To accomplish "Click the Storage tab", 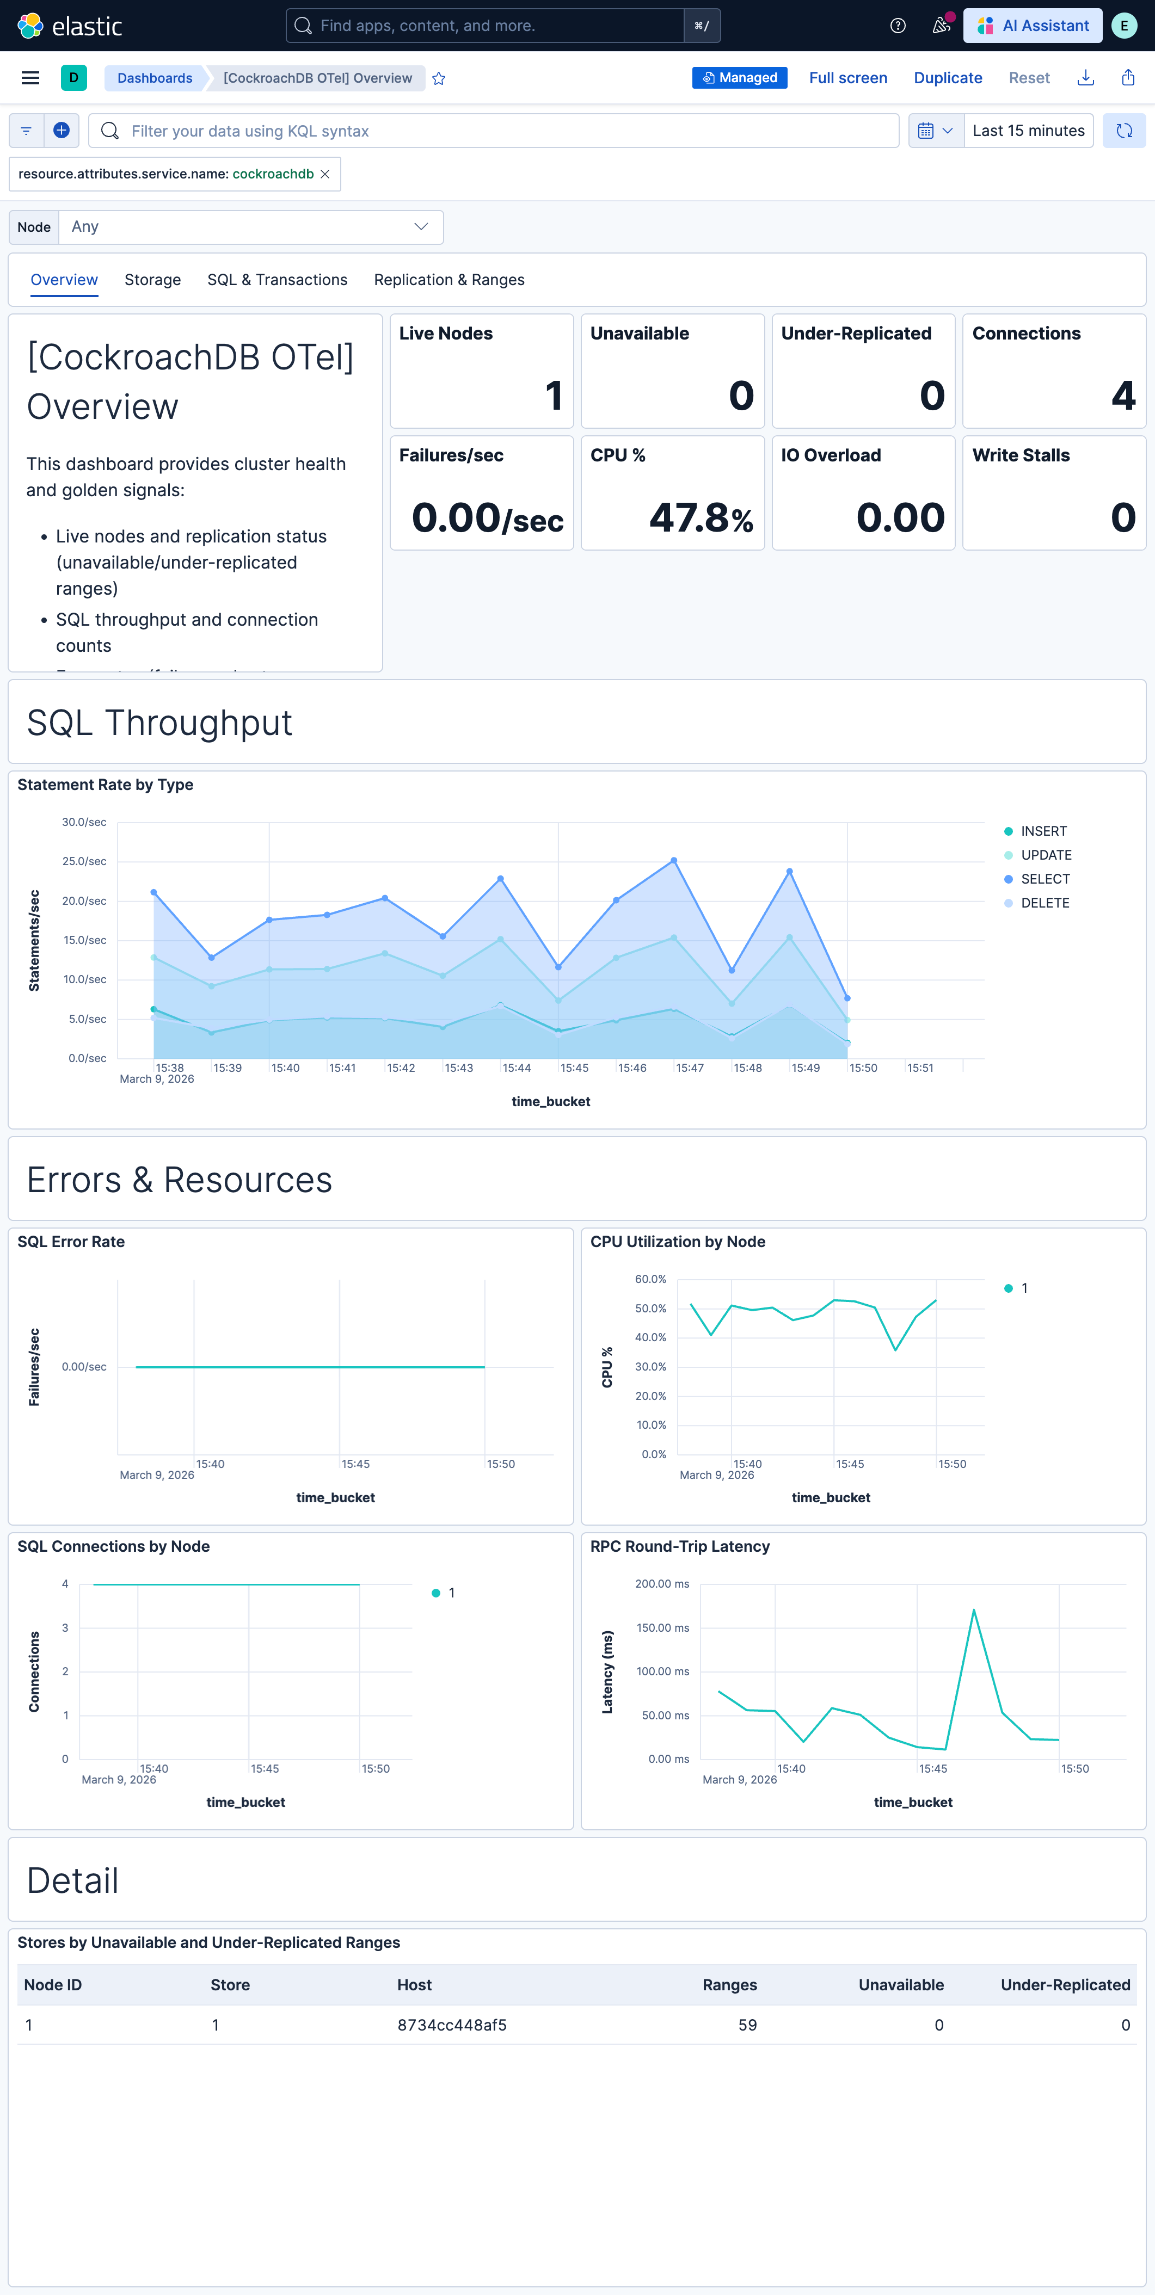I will [152, 280].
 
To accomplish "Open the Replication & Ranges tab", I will [449, 280].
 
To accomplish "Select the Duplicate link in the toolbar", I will [947, 78].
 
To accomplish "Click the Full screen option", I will [847, 78].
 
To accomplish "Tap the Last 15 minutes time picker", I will [1028, 131].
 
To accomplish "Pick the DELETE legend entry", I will [1045, 903].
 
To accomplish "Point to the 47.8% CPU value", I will [701, 517].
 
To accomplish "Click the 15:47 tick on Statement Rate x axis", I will [690, 1068].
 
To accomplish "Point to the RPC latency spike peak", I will [974, 1610].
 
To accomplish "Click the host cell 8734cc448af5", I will [452, 2025].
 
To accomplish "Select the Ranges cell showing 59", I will [747, 2025].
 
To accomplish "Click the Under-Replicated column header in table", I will [1065, 1985].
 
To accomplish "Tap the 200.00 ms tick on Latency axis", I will [662, 1584].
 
